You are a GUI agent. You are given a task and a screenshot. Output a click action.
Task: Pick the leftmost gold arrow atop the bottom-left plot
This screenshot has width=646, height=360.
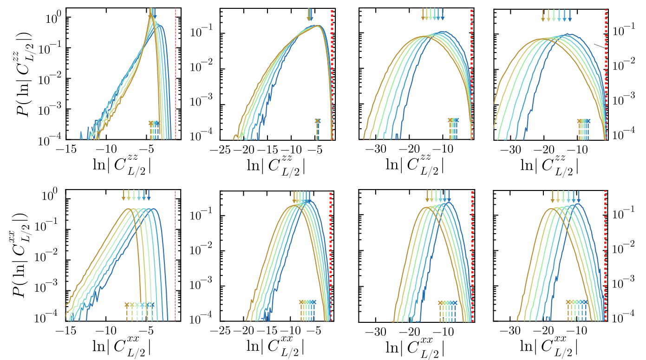tap(124, 195)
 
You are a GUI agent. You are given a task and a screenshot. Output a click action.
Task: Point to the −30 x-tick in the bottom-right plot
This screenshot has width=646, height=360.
tap(512, 332)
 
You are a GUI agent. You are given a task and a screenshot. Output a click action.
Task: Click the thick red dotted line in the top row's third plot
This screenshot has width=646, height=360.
tap(471, 74)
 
